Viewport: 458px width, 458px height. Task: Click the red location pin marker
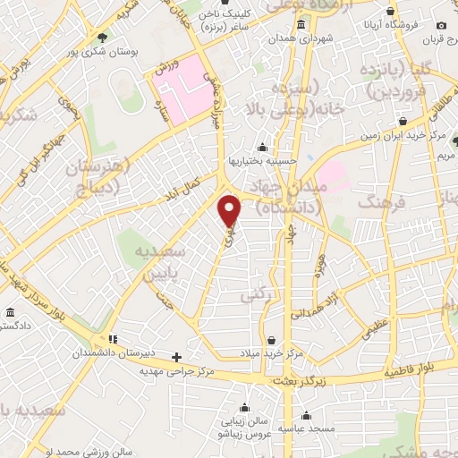pyautogui.click(x=230, y=209)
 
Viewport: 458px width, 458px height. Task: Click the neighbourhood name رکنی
pyautogui.click(x=254, y=294)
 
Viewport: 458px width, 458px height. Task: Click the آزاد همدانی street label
pyautogui.click(x=315, y=304)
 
